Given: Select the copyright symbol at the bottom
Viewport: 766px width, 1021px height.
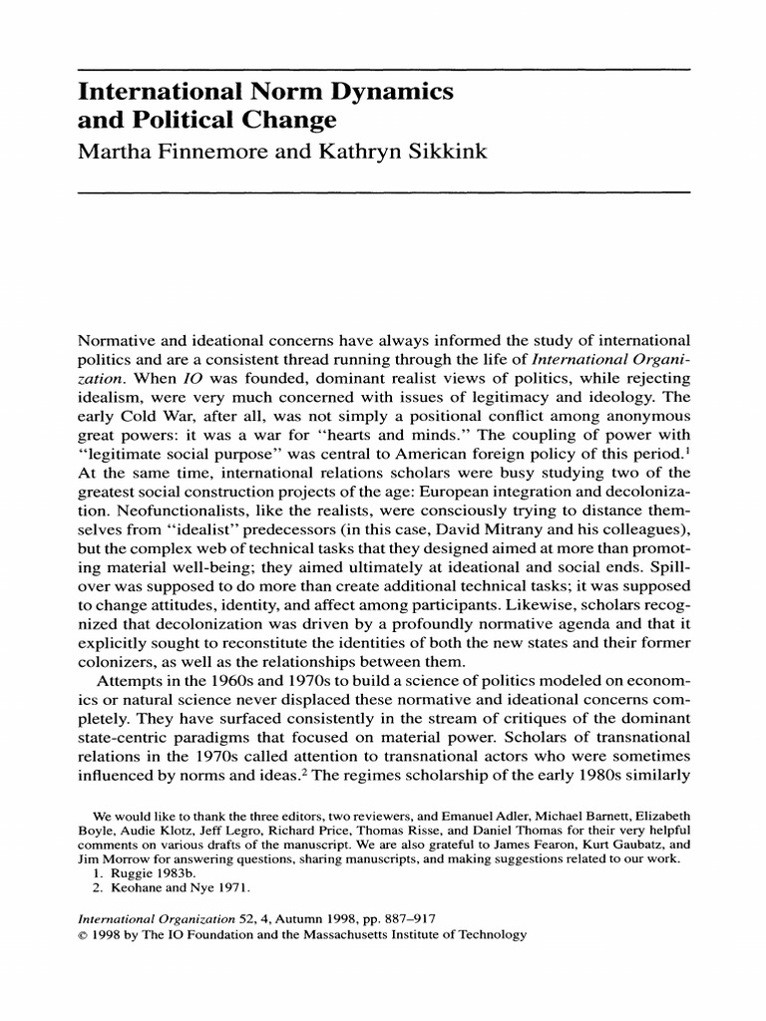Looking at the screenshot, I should [82, 935].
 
